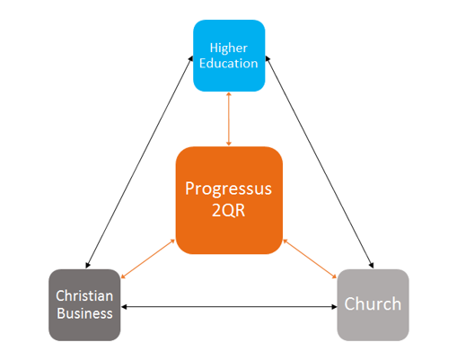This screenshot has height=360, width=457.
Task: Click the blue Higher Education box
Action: [x=229, y=56]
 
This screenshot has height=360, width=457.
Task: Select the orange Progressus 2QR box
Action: [x=229, y=200]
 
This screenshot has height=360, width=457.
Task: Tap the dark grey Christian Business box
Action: [x=84, y=305]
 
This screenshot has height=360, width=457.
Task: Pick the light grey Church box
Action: [x=373, y=305]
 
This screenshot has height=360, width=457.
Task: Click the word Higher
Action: [x=229, y=48]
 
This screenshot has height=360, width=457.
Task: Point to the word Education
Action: [x=229, y=64]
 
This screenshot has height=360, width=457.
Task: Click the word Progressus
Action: [x=229, y=189]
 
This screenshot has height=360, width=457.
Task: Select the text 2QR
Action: [x=229, y=210]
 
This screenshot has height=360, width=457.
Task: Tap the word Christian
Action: [x=84, y=296]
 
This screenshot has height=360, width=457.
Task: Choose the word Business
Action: [x=84, y=313]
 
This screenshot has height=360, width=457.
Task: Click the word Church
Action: [x=373, y=304]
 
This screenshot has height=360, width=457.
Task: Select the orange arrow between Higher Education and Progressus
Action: [x=229, y=119]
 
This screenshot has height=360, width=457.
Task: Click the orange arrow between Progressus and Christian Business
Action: [x=148, y=259]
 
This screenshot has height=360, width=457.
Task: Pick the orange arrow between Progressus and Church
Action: [x=310, y=259]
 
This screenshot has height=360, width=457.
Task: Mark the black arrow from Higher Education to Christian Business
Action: [x=139, y=162]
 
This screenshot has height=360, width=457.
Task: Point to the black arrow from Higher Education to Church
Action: [x=320, y=162]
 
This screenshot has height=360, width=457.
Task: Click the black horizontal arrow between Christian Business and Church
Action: [x=229, y=307]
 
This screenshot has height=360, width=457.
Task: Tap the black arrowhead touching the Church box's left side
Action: [x=335, y=307]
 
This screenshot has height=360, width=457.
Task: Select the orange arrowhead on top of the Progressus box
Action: [x=229, y=144]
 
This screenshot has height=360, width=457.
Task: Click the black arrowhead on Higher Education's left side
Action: [x=190, y=58]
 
